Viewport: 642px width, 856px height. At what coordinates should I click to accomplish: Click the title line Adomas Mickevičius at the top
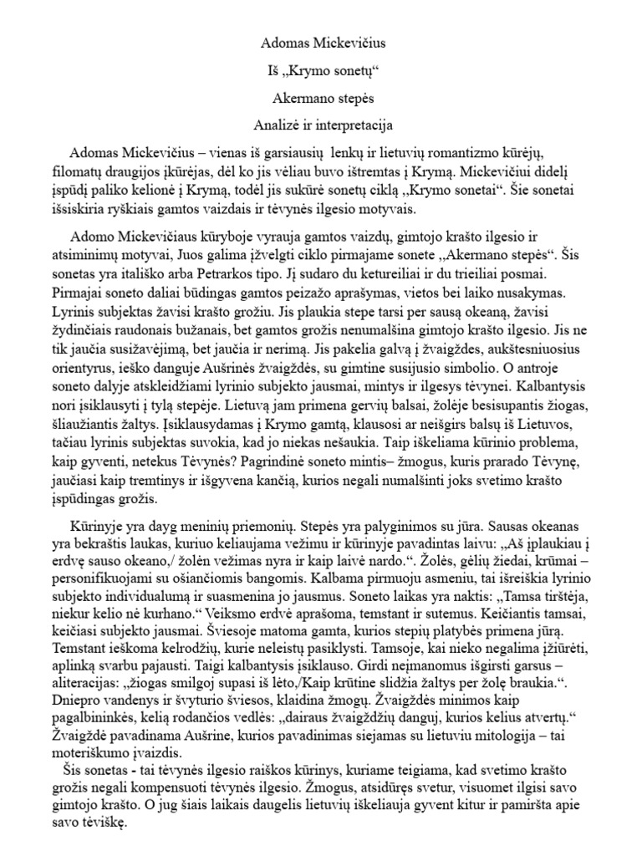click(320, 41)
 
